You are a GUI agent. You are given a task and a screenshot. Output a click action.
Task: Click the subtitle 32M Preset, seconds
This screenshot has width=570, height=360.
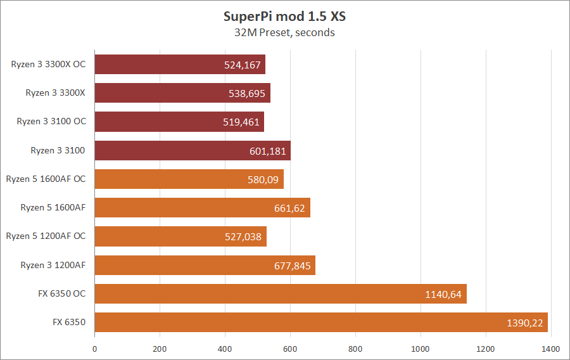tap(284, 32)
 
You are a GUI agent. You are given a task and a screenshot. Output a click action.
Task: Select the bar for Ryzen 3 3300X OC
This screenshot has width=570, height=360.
tap(180, 64)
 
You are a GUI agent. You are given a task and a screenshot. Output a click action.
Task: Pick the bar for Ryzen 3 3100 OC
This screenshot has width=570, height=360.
tap(179, 122)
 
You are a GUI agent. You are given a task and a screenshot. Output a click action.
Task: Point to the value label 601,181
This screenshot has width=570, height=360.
tap(268, 151)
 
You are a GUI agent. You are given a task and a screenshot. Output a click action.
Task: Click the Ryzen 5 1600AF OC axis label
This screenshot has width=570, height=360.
tap(46, 179)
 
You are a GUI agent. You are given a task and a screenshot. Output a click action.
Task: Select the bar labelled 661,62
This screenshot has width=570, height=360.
tap(202, 208)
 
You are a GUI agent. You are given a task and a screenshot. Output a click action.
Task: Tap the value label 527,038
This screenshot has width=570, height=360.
tap(243, 236)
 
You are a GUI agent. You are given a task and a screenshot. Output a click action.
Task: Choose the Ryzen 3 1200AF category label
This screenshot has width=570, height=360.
tap(53, 265)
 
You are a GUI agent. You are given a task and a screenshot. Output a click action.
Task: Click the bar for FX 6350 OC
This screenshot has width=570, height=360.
tap(281, 293)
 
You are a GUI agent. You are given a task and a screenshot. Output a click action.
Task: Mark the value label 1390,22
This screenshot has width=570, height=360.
tap(525, 323)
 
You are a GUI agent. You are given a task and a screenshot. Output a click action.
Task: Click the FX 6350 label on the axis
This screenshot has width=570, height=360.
tap(69, 323)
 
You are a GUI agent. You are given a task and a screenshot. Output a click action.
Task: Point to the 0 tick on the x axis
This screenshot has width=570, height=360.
tap(95, 348)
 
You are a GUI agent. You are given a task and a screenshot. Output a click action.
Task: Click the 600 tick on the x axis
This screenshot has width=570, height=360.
tap(290, 348)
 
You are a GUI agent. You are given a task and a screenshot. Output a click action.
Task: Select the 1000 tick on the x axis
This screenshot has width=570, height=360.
tap(421, 348)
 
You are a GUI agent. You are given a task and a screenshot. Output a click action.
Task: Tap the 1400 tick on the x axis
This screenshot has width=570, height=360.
tap(551, 348)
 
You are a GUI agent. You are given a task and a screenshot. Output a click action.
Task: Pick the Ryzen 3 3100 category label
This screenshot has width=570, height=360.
tap(58, 150)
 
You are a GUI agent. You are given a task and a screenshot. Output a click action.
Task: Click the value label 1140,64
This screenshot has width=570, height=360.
tap(444, 294)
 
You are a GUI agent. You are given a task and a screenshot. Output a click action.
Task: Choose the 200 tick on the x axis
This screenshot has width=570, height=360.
tap(160, 348)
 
